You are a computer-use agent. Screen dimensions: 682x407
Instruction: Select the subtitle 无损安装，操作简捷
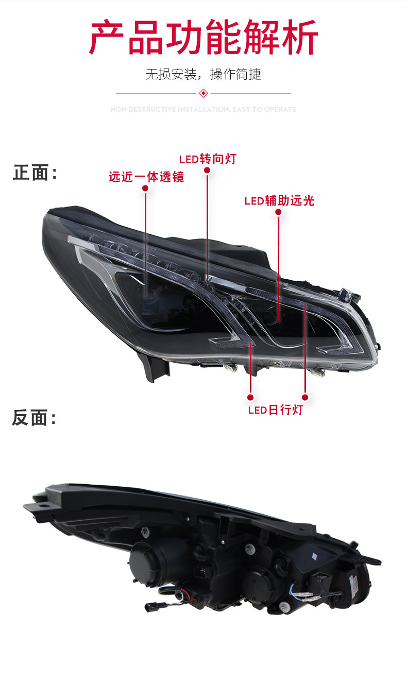[203, 74]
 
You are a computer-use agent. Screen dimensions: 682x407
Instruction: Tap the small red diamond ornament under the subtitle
[203, 93]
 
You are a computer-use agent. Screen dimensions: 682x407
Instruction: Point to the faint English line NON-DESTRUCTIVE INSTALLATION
[203, 109]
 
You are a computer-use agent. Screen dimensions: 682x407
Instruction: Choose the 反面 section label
[34, 418]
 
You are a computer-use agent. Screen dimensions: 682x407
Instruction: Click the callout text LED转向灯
[208, 159]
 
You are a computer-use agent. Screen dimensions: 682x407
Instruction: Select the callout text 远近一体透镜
[146, 177]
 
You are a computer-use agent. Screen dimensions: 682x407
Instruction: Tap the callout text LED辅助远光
[279, 200]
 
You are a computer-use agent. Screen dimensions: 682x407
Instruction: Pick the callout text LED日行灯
[276, 410]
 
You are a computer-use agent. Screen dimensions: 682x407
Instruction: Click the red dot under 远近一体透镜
[145, 189]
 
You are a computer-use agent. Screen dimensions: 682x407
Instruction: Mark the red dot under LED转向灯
[207, 170]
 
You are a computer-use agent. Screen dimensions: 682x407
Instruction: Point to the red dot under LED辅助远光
[279, 212]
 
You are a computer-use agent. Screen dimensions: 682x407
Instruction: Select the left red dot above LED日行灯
[250, 397]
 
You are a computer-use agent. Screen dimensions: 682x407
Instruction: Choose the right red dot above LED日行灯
[305, 397]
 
